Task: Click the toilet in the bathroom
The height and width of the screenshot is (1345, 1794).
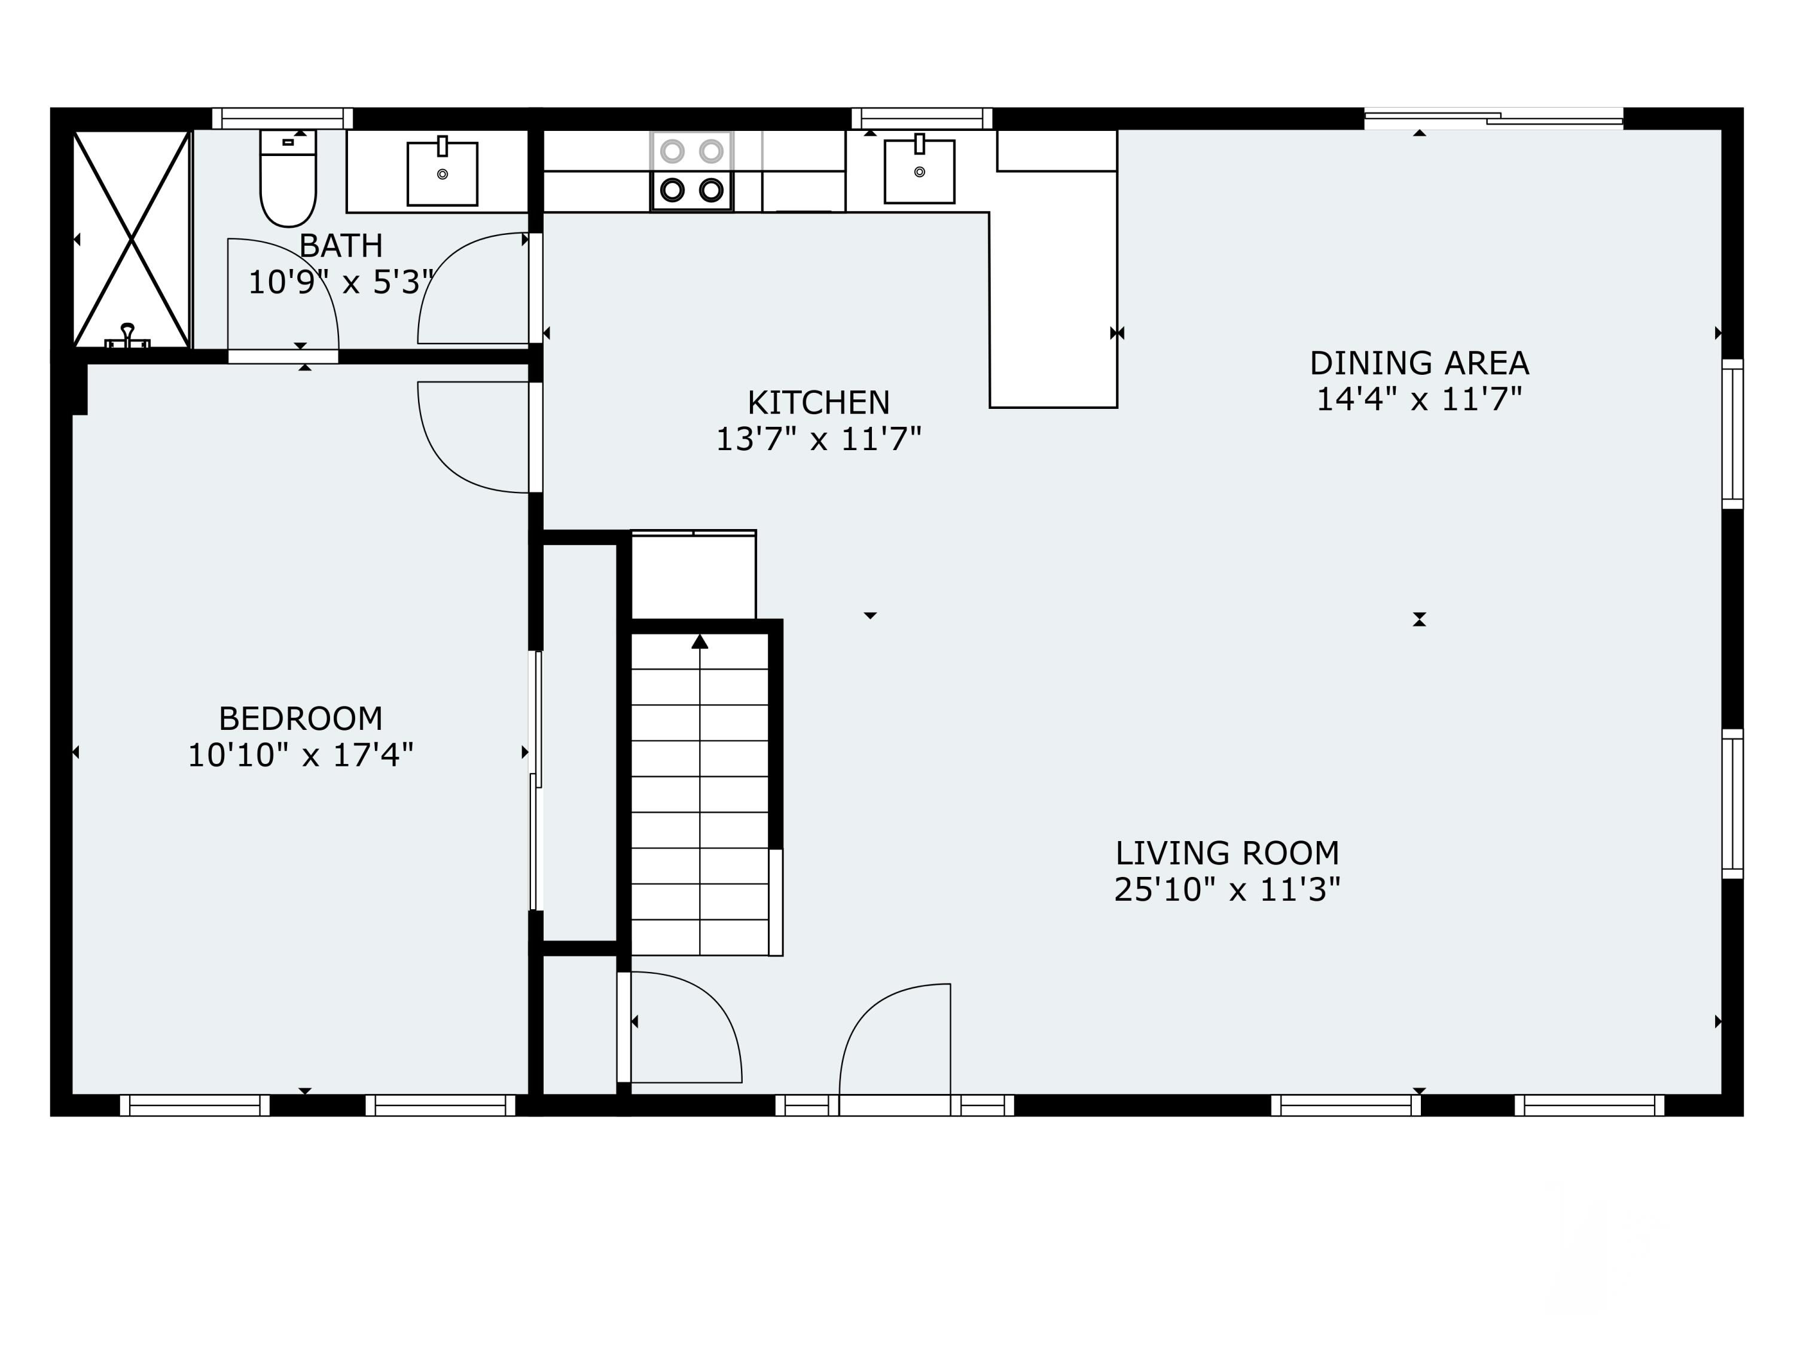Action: coord(288,178)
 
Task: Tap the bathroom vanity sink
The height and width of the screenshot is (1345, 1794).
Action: coord(442,173)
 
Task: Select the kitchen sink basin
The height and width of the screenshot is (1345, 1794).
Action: coord(919,170)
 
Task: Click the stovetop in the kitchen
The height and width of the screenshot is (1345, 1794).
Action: coord(692,171)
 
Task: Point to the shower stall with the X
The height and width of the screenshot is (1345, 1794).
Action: coord(132,239)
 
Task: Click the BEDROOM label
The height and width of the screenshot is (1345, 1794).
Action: coord(300,719)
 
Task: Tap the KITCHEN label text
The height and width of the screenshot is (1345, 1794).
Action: coord(818,402)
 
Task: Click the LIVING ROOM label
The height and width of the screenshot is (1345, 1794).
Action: coord(1227,853)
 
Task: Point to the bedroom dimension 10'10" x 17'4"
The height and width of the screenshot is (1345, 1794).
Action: coord(300,755)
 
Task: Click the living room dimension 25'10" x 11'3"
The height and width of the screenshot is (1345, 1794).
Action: coord(1227,889)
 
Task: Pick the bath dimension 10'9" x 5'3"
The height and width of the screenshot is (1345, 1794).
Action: coord(341,282)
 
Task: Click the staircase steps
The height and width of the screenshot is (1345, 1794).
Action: coord(699,794)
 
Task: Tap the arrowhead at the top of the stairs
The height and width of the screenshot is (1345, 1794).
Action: coord(700,641)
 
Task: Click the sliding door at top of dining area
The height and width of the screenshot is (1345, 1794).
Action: coord(1494,118)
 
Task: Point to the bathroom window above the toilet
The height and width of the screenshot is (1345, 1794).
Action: coord(282,118)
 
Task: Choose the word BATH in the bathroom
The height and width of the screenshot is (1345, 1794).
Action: coord(341,245)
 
